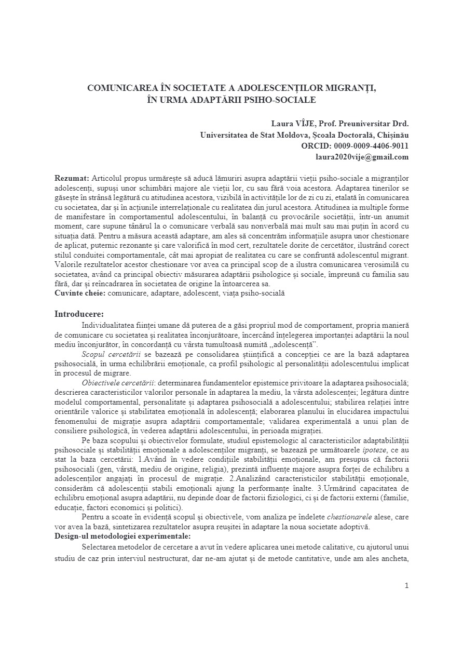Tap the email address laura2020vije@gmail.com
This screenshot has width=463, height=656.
[x=362, y=157]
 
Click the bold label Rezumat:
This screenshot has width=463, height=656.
[x=72, y=178]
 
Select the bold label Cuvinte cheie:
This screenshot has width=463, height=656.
[x=80, y=293]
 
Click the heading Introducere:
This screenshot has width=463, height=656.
[x=79, y=314]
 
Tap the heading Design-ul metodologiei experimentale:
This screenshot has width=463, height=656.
[x=122, y=536]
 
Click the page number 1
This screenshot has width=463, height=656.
[x=406, y=586]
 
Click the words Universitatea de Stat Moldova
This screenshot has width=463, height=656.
[x=254, y=135]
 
